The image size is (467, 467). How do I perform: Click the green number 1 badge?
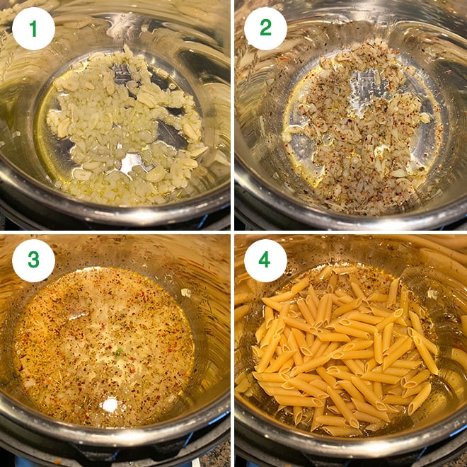(x=33, y=28)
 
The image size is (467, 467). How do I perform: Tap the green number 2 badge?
(x=265, y=28)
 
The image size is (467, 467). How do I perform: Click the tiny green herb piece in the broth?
(x=120, y=352)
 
